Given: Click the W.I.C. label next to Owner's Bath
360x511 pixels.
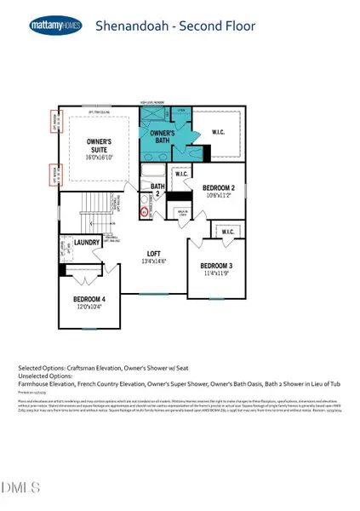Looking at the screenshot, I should click(x=218, y=130).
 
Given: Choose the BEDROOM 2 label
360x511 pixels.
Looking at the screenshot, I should click(x=222, y=187).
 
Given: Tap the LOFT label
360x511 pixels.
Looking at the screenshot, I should click(x=153, y=253).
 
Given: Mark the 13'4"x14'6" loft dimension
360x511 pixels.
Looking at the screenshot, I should click(x=153, y=261).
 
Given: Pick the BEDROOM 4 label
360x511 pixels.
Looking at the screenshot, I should click(x=91, y=299).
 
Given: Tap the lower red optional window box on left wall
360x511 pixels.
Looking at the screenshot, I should click(x=57, y=174).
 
